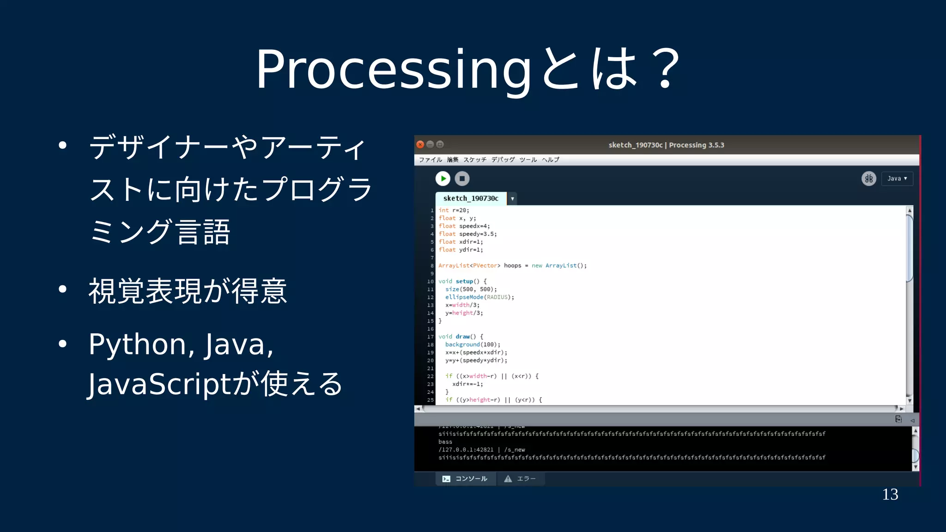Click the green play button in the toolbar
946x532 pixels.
pyautogui.click(x=443, y=178)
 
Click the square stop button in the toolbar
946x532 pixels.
pyautogui.click(x=462, y=178)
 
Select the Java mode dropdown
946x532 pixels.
pyautogui.click(x=897, y=178)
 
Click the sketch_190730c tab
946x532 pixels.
pyautogui.click(x=471, y=199)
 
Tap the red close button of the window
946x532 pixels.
pyautogui.click(x=420, y=145)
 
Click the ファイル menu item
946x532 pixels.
pyautogui.click(x=430, y=160)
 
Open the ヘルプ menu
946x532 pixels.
pyautogui.click(x=550, y=160)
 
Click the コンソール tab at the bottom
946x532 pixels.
pyautogui.click(x=466, y=479)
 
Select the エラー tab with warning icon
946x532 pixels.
pyautogui.click(x=521, y=479)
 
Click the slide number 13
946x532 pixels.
pyautogui.click(x=890, y=495)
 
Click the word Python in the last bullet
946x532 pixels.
pyautogui.click(x=137, y=345)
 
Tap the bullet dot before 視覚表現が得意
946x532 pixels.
pyautogui.click(x=63, y=290)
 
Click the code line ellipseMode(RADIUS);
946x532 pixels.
pyautogui.click(x=479, y=297)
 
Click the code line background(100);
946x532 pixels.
pyautogui.click(x=473, y=345)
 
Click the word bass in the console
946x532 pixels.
pyautogui.click(x=445, y=442)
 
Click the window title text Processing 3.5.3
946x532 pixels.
pyautogui.click(x=696, y=145)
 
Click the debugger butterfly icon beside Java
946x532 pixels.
pyautogui.click(x=868, y=178)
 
